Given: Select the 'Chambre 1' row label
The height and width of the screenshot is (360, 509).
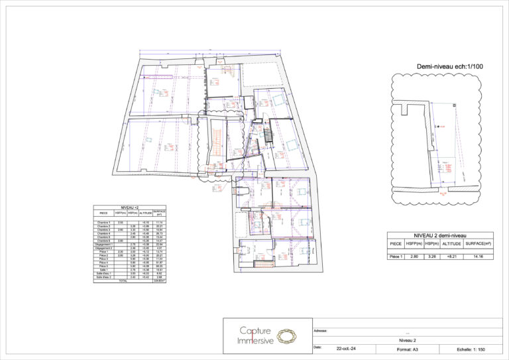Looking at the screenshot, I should (x=103, y=223).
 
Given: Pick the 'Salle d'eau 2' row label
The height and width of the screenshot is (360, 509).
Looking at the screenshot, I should (x=103, y=277).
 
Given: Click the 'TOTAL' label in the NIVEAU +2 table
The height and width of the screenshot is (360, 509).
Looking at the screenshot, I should (x=123, y=281).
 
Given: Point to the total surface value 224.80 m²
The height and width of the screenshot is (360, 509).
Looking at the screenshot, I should (x=159, y=281).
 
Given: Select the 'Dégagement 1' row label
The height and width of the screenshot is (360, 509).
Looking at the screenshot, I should (x=103, y=245).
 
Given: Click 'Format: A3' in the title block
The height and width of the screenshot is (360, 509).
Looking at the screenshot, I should (x=406, y=349).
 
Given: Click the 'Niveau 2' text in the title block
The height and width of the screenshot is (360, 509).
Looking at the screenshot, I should (x=406, y=338).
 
